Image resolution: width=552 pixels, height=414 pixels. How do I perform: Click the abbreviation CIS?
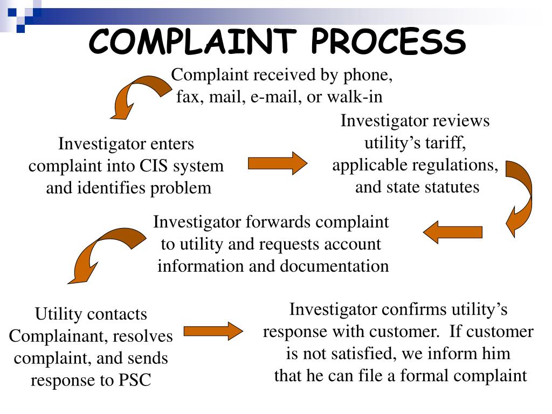pyautogui.click(x=154, y=166)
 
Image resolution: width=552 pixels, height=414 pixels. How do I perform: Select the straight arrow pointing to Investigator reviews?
pyautogui.click(x=277, y=163)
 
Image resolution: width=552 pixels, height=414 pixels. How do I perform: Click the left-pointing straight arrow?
pyautogui.click(x=452, y=232)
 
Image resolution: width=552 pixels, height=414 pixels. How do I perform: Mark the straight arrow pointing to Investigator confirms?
pyautogui.click(x=213, y=331)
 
